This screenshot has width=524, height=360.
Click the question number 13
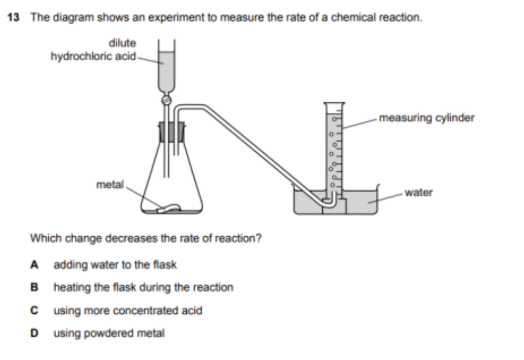coord(13,17)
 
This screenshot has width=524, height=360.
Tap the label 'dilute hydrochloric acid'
coord(93,49)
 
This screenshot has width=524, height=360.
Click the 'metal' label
coord(110,185)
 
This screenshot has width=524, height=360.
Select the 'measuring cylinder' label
coord(427,118)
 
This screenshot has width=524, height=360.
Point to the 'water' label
coord(419,193)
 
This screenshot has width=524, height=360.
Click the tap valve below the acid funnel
coord(166,99)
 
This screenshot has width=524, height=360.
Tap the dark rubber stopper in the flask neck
coord(172,131)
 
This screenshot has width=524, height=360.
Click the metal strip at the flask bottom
coord(169,208)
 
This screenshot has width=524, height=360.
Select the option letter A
coord(34,265)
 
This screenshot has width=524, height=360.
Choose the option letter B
coord(34,287)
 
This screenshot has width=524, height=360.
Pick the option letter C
coord(34,311)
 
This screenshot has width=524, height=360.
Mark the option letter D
coord(34,333)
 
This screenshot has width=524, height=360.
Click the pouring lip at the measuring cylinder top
coord(334,104)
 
